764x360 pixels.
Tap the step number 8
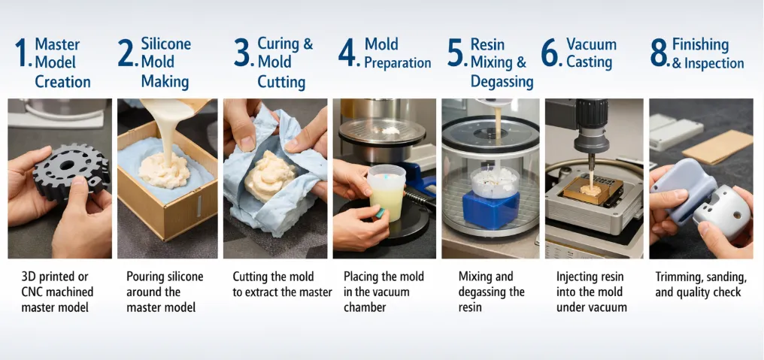pos(659,54)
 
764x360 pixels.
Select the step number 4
pos(348,54)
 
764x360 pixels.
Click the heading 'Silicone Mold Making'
pos(165,62)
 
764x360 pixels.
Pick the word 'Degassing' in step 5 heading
pos(502,81)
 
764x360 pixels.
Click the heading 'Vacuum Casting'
pos(590,53)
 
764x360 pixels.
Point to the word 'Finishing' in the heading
pos(700,44)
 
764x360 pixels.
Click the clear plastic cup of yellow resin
pos(386,194)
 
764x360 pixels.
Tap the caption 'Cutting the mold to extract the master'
pos(282,284)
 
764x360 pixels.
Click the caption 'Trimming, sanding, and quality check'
pos(701,284)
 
